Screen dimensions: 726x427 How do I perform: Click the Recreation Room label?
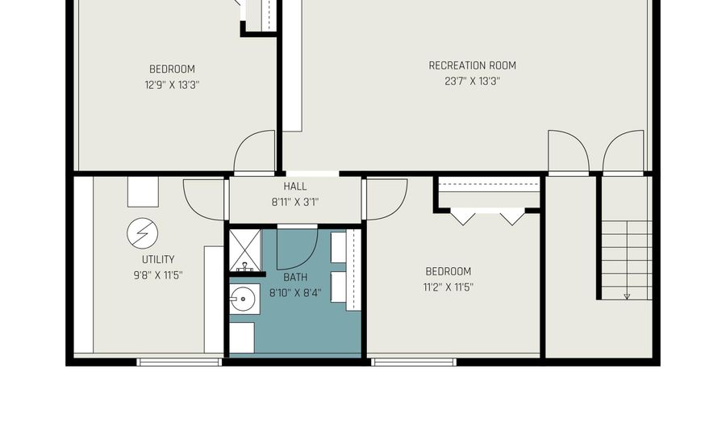point(472,65)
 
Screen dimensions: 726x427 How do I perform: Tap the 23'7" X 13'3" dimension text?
point(472,82)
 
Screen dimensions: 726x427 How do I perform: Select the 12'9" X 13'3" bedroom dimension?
point(172,86)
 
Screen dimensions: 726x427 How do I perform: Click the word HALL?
point(295,186)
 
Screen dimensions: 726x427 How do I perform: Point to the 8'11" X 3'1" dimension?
point(295,203)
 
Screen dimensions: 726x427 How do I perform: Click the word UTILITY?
point(158,260)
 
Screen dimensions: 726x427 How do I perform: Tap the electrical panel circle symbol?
point(143,233)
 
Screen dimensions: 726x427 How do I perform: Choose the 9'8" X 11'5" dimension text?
point(158,275)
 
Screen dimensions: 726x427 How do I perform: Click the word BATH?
point(295,278)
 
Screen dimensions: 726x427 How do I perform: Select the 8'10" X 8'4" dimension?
point(295,293)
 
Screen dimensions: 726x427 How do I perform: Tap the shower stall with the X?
point(245,250)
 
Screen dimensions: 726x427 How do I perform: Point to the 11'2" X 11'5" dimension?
point(448,287)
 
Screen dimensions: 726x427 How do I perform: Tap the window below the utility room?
point(179,362)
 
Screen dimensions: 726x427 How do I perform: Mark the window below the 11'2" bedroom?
point(414,362)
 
